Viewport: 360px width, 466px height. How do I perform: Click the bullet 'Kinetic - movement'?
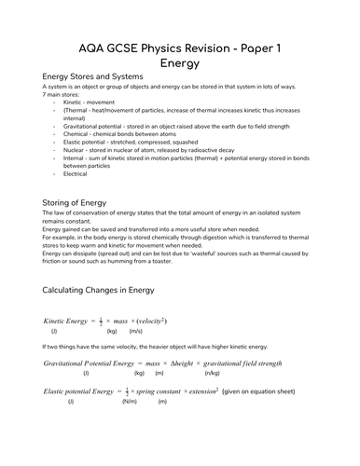pyautogui.click(x=92, y=103)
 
